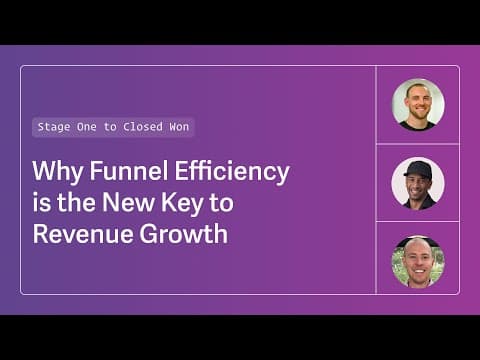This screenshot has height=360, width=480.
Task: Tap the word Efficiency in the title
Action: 232,172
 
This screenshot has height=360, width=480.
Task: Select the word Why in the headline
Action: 58,172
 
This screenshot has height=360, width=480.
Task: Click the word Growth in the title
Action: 184,233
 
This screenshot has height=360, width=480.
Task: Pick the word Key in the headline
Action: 182,204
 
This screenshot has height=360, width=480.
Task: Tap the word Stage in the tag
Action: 54,127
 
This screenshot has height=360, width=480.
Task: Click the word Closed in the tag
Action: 143,127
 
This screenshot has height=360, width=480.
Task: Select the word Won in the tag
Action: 179,127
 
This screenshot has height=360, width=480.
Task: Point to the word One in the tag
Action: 87,127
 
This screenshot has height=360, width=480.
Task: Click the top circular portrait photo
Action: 418,105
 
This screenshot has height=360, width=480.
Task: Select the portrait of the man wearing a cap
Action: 418,183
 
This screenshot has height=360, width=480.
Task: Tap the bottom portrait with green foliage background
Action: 418,262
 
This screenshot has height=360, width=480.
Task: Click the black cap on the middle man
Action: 417,169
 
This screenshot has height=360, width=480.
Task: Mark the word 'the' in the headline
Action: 76,202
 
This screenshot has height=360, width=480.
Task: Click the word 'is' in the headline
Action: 42,203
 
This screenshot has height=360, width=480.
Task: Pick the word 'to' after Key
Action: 222,203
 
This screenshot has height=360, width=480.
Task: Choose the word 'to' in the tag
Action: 110,127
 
